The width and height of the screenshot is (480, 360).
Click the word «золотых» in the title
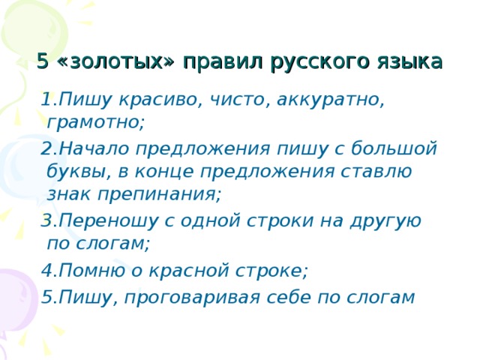115,61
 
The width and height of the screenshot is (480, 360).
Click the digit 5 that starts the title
43,61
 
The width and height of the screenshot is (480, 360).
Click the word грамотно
95,121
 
